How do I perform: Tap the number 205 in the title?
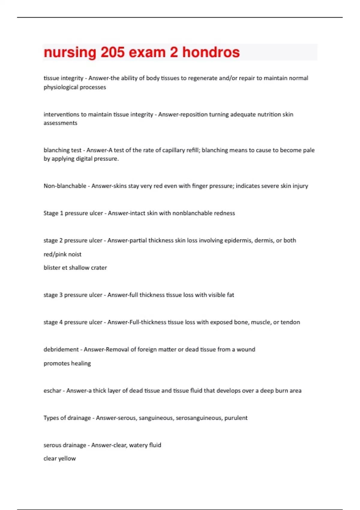click(112, 52)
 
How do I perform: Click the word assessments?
click(60, 123)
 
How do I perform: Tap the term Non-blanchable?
click(65, 186)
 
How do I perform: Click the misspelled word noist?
click(75, 254)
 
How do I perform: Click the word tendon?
click(290, 322)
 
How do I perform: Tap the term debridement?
click(61, 349)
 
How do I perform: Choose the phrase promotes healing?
click(67, 363)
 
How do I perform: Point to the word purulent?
click(236, 418)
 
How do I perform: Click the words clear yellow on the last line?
click(60, 458)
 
